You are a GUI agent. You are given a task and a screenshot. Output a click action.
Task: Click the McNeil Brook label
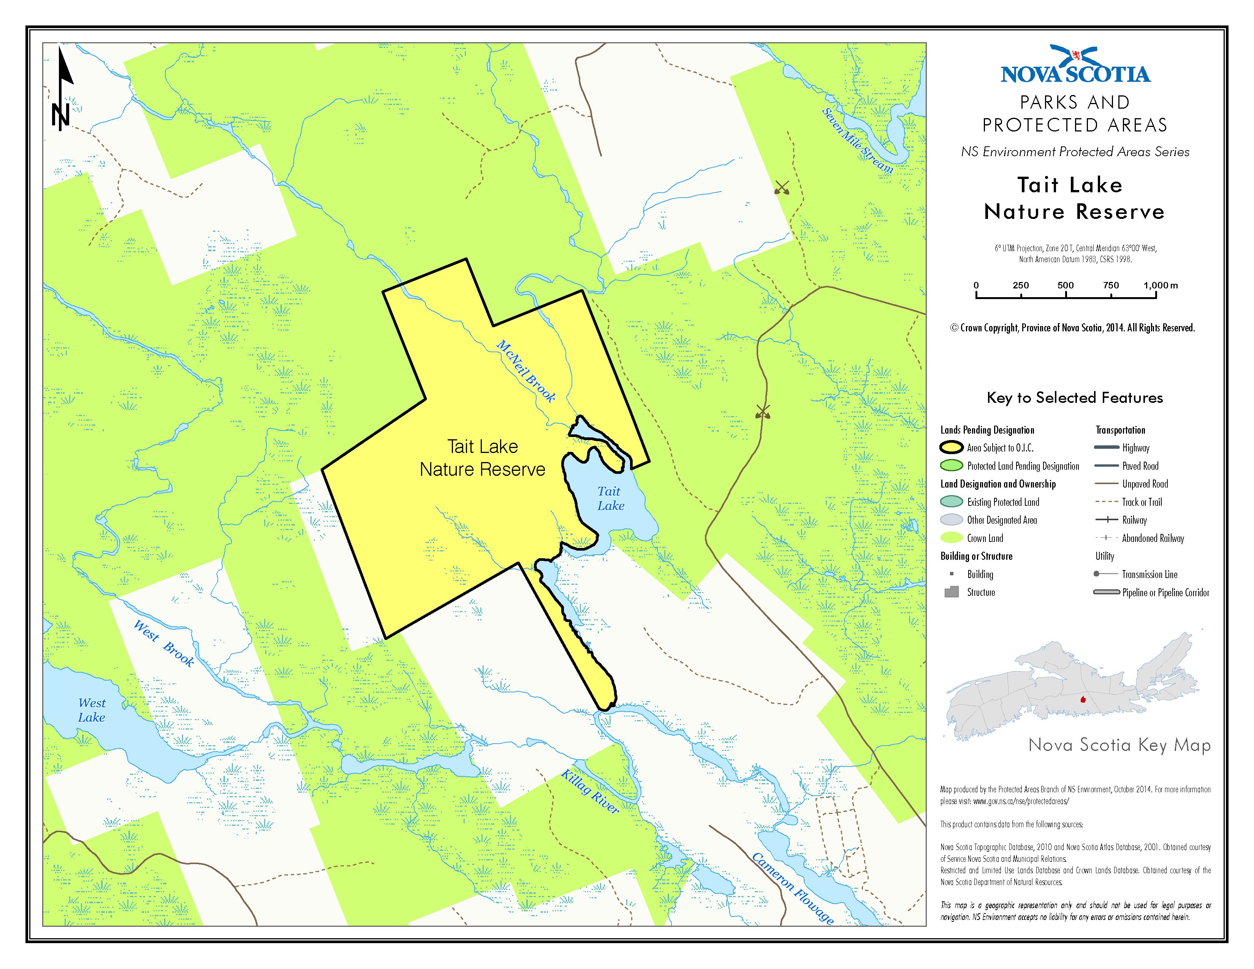click(x=526, y=371)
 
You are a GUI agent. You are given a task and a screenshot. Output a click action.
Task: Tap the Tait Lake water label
click(x=610, y=498)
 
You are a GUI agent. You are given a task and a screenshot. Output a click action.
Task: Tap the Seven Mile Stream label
click(x=857, y=141)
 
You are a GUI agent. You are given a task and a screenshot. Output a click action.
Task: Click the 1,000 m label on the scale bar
click(x=1160, y=285)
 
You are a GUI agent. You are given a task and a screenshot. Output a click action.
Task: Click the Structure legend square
click(x=952, y=592)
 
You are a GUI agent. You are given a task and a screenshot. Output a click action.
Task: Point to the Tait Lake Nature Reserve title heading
click(x=1074, y=198)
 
